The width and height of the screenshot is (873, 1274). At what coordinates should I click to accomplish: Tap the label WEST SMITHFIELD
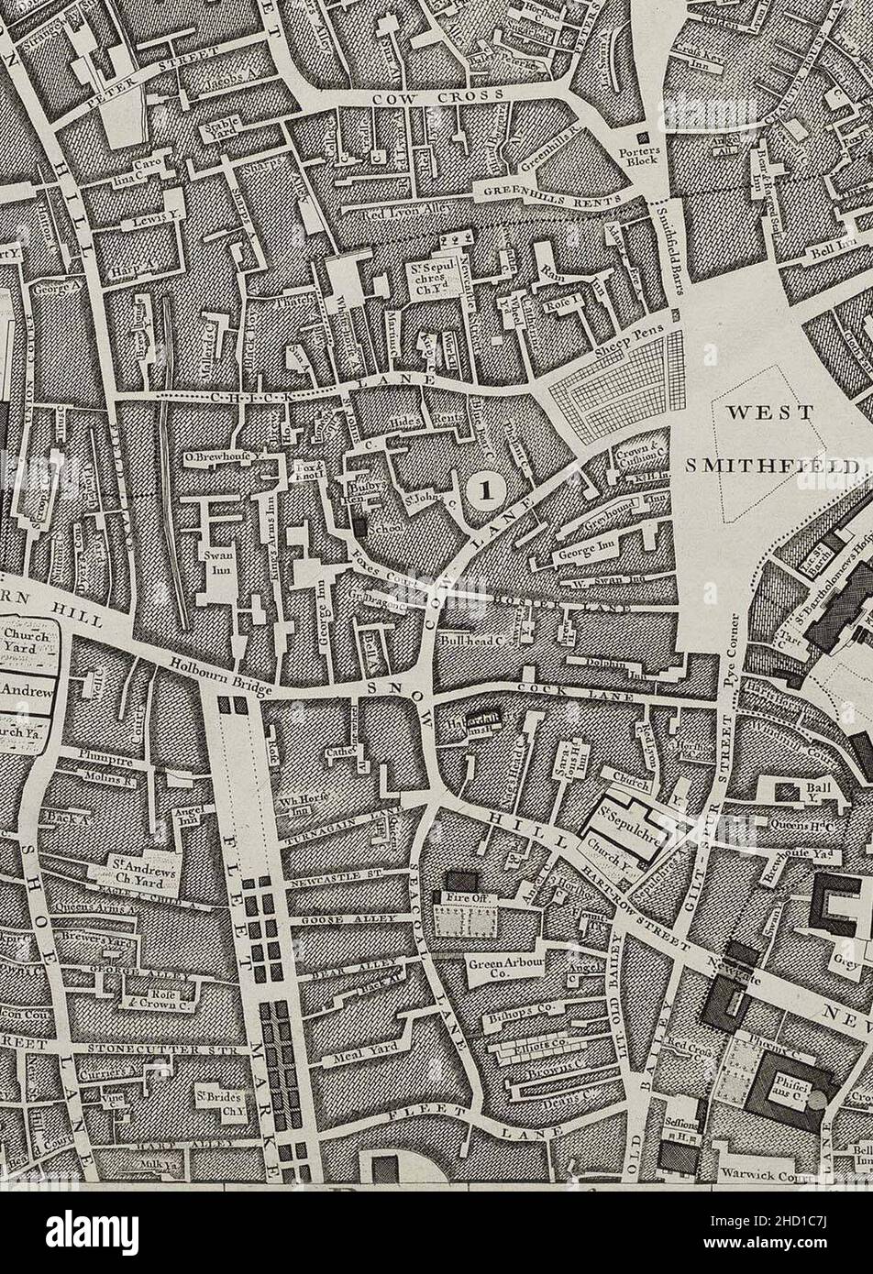pyautogui.click(x=768, y=438)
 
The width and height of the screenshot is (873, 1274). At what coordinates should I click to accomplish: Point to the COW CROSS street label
pyautogui.click(x=438, y=96)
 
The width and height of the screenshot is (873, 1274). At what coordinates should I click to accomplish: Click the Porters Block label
pyautogui.click(x=639, y=157)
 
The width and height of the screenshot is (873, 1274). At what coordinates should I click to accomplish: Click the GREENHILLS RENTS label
pyautogui.click(x=548, y=192)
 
